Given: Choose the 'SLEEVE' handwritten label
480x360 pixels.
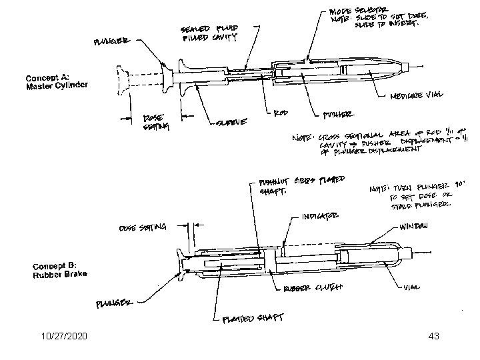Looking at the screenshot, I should coord(233,122).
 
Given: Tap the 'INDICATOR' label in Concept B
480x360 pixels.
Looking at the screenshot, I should coord(320,215).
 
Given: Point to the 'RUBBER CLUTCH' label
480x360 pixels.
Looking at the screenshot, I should coord(313,288).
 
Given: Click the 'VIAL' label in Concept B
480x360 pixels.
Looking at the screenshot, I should coord(413,289).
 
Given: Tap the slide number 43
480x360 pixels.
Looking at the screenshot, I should coord(433,338).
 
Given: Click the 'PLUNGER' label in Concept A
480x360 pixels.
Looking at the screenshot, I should coord(113,42).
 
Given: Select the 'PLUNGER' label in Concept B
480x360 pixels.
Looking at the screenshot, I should coord(116,303).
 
